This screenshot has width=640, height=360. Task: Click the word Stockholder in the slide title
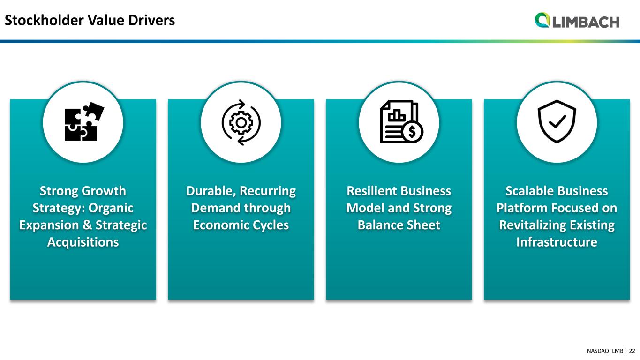pyautogui.click(x=44, y=20)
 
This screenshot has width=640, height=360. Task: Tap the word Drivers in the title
pyautogui.click(x=151, y=20)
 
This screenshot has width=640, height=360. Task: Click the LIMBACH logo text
pyautogui.click(x=586, y=22)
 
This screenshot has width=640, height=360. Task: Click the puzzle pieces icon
pyautogui.click(x=84, y=121)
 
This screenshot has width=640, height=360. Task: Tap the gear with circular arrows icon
pyautogui.click(x=241, y=122)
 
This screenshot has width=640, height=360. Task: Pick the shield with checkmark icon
pyautogui.click(x=557, y=121)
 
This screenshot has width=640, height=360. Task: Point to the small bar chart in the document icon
pyautogui.click(x=396, y=115)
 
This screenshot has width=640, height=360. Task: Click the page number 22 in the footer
pyautogui.click(x=632, y=351)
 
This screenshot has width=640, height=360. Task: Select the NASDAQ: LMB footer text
pyautogui.click(x=605, y=351)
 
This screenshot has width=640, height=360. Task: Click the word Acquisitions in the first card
pyautogui.click(x=83, y=242)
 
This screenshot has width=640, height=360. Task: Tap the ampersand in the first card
pyautogui.click(x=87, y=225)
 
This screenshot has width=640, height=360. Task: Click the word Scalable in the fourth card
pyautogui.click(x=528, y=191)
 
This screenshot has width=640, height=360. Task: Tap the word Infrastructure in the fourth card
pyautogui.click(x=557, y=242)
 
